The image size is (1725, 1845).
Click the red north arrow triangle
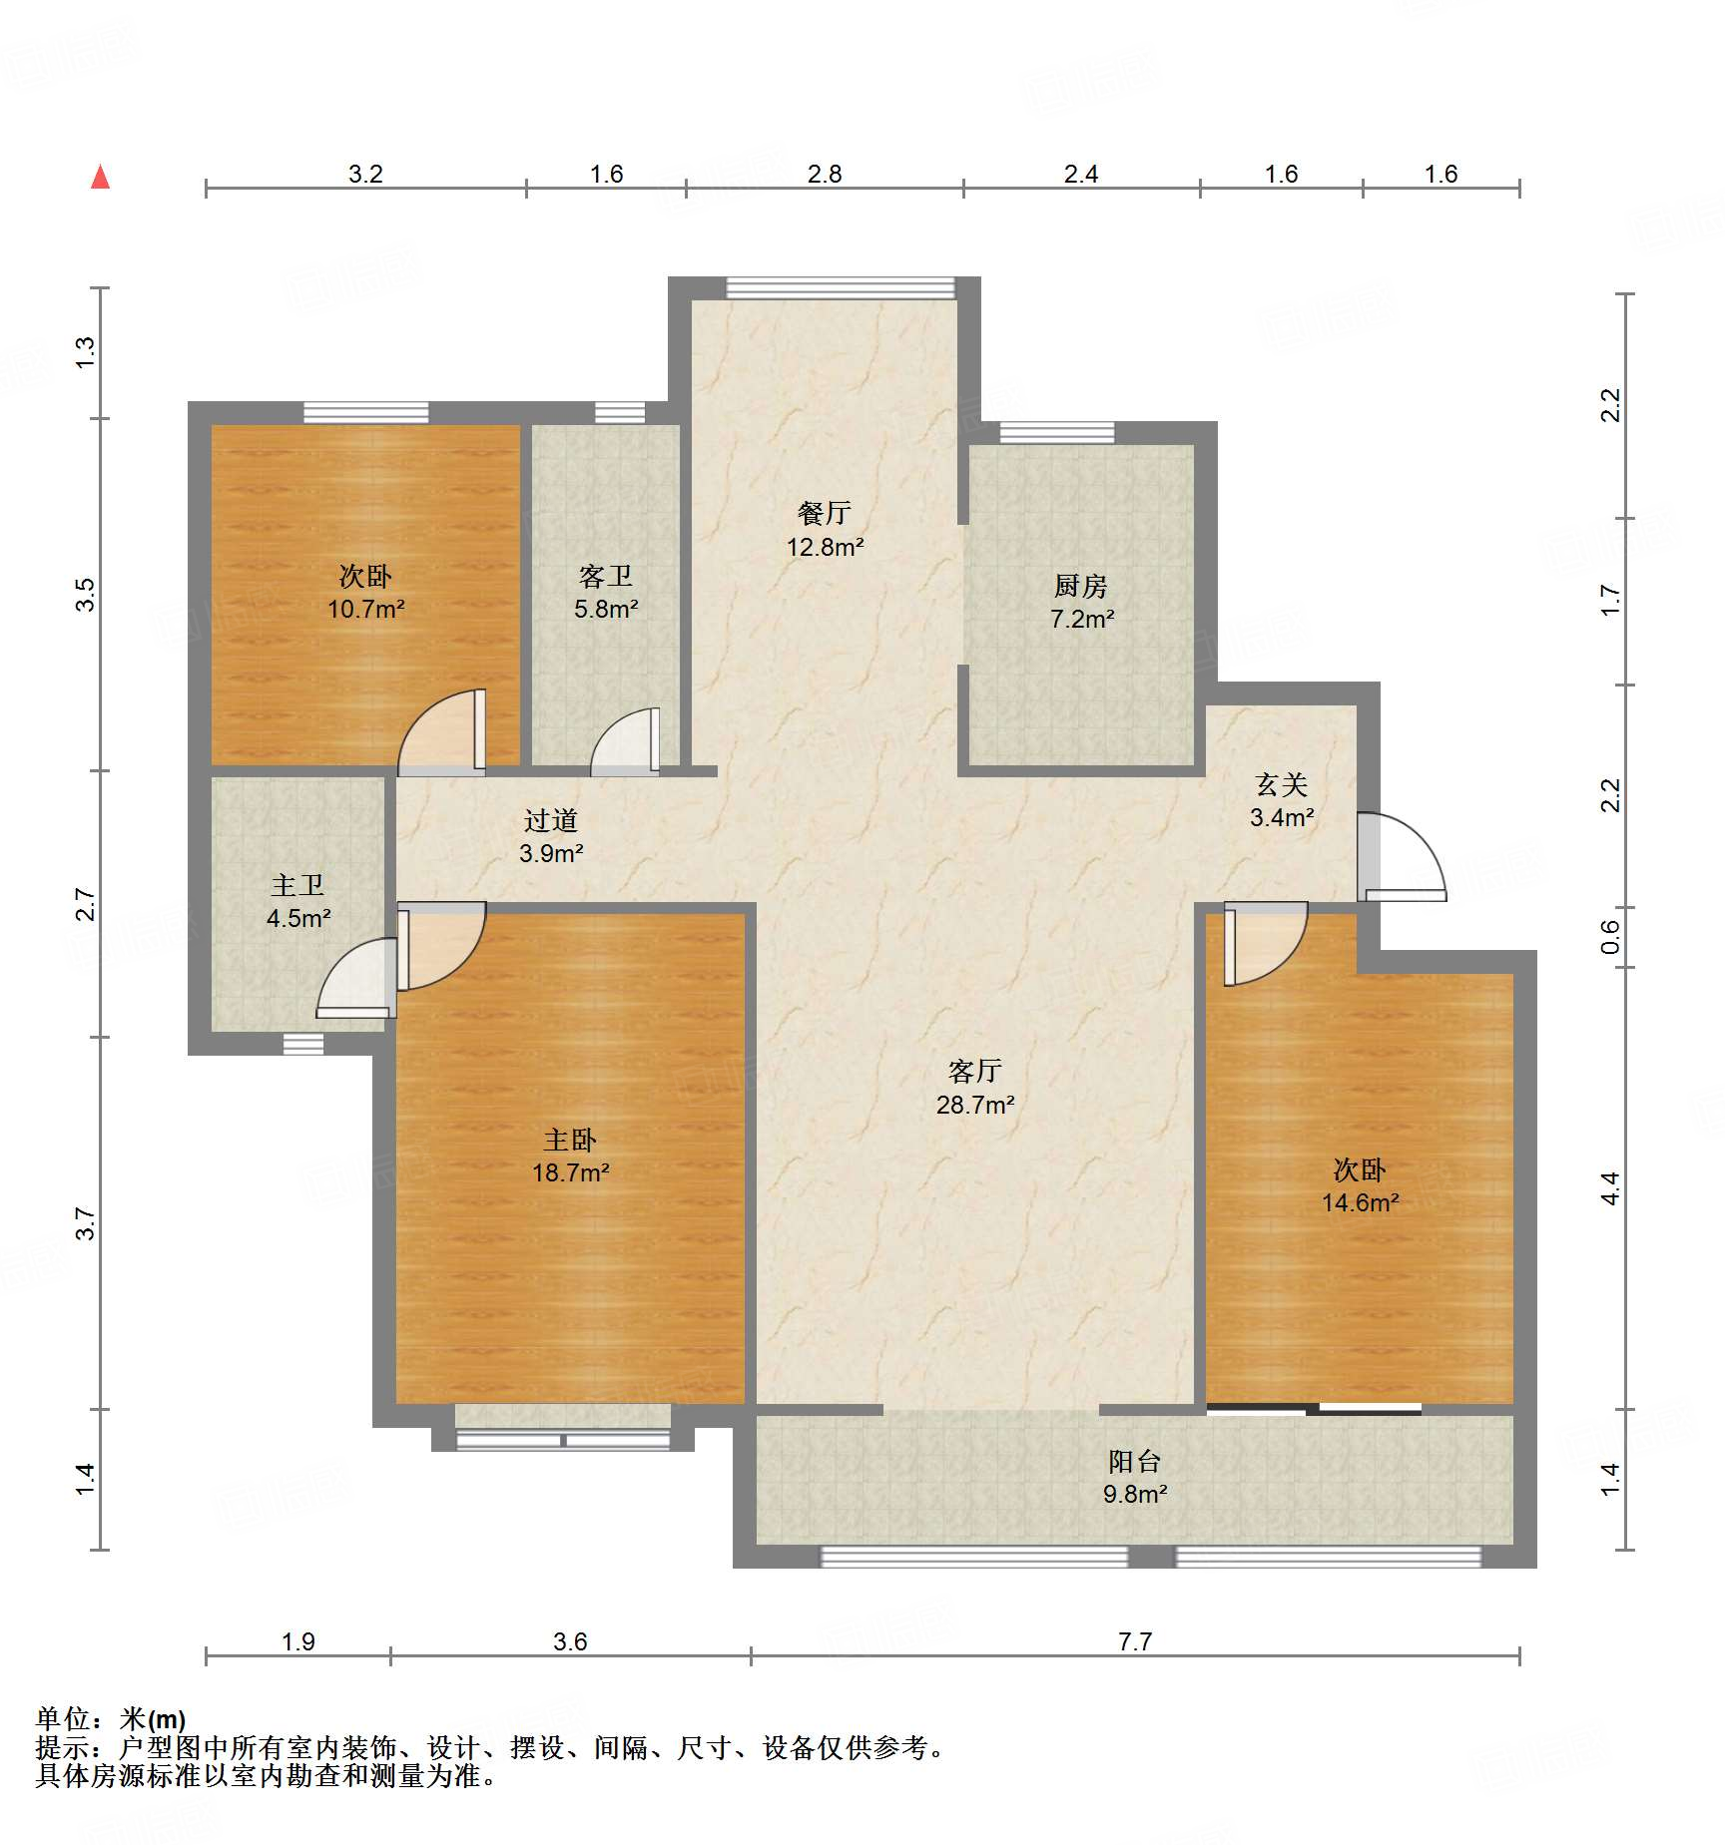(100, 177)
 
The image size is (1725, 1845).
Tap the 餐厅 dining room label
(825, 513)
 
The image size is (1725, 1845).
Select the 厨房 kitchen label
(1081, 586)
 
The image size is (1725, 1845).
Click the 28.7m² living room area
(975, 1105)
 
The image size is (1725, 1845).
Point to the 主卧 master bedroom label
(570, 1140)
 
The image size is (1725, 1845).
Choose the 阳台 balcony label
(1135, 1462)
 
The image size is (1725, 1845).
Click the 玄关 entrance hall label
(1282, 785)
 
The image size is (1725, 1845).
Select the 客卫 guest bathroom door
(626, 741)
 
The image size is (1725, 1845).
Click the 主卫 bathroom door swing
(356, 978)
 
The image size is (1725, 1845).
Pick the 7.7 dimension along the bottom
(1135, 1641)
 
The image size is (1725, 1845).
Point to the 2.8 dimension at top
(825, 174)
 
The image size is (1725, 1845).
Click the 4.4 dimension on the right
(1610, 1188)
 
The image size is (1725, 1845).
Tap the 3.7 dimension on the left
(86, 1223)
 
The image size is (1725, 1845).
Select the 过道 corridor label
(551, 820)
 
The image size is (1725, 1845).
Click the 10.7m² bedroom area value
(366, 609)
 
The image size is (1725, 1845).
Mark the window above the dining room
(841, 287)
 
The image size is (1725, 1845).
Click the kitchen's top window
(1057, 433)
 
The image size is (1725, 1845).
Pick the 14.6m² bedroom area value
(1361, 1203)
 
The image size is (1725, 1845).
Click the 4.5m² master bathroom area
(298, 918)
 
